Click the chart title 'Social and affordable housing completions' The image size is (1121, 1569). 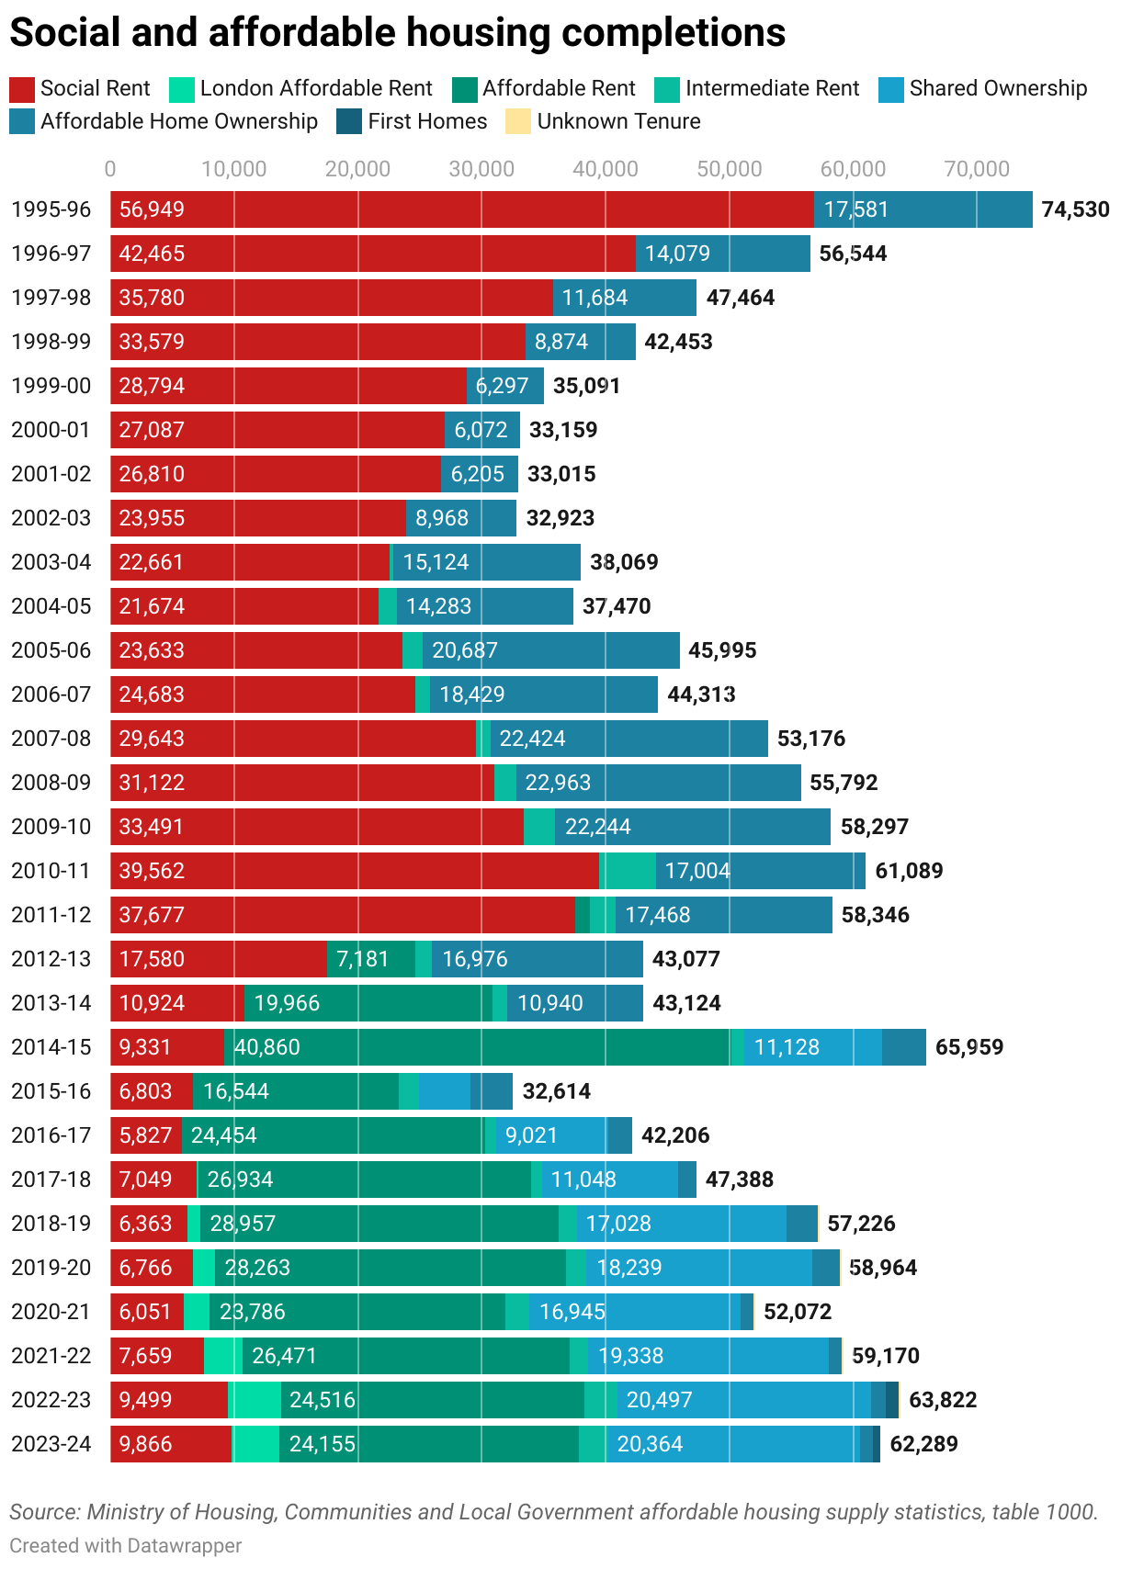397,33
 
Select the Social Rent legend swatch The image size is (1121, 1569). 22,89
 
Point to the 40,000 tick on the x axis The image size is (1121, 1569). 606,169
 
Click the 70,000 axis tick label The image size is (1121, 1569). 977,169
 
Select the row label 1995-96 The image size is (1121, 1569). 51,209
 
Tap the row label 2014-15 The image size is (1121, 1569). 51,1047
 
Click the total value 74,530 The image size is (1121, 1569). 1075,209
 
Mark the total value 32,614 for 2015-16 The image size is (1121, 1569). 557,1091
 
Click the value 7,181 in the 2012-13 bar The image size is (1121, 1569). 363,959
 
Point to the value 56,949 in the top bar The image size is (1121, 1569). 152,209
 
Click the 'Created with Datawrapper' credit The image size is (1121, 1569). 126,1546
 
